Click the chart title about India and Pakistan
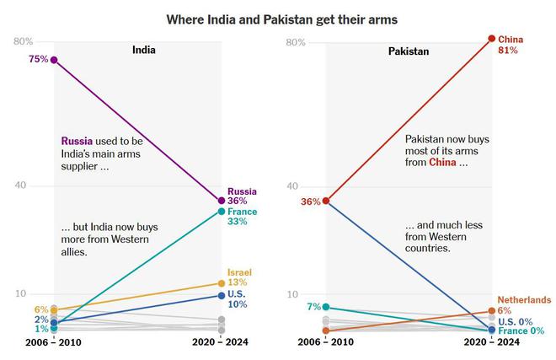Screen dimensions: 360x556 (x=281, y=19)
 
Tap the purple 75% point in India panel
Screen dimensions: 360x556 (x=54, y=60)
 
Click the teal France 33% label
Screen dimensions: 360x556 (x=242, y=217)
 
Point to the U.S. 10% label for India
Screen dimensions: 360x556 (x=238, y=298)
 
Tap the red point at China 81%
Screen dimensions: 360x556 (x=492, y=38)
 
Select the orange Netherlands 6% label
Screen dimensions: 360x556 (x=523, y=305)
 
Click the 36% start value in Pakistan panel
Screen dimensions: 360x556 (x=311, y=201)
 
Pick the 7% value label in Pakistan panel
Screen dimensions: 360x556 (x=314, y=307)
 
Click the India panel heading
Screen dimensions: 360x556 (x=144, y=51)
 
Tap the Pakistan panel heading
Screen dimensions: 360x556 (x=409, y=51)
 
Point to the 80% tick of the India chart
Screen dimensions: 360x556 (x=23, y=41)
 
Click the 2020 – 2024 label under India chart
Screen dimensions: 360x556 (x=221, y=342)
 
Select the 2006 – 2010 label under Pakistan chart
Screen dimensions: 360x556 (x=325, y=342)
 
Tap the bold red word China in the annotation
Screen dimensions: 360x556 (x=443, y=162)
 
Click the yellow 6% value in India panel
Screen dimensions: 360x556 (x=40, y=310)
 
